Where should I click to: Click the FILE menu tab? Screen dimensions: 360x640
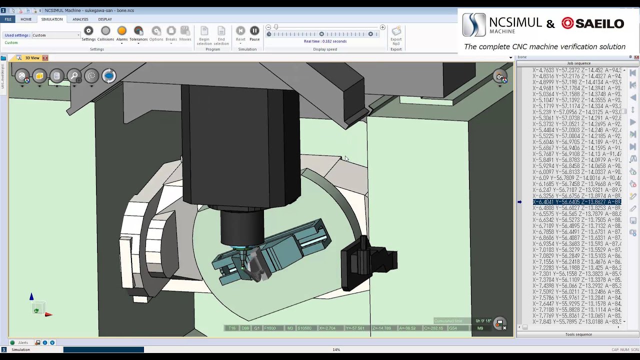click(8, 19)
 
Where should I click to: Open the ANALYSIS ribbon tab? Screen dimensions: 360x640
click(80, 19)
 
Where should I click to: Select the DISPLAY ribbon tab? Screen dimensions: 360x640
click(105, 19)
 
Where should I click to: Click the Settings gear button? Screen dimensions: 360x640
click(88, 31)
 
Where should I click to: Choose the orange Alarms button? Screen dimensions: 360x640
click(122, 31)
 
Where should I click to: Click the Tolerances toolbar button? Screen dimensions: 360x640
click(138, 31)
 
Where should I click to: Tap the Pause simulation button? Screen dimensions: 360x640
click(254, 31)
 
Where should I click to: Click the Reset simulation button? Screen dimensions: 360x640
click(240, 31)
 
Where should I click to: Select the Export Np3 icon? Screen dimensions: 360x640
click(396, 31)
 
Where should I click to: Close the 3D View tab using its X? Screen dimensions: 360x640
click(45, 58)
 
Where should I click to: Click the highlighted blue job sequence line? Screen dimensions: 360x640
click(576, 202)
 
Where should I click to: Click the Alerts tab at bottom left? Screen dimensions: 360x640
click(23, 342)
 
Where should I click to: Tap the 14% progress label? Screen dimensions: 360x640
click(336, 349)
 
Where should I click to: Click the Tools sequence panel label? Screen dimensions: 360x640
click(578, 334)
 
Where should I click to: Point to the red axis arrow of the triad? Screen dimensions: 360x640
click(48, 314)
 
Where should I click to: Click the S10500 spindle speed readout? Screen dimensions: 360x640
click(304, 328)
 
